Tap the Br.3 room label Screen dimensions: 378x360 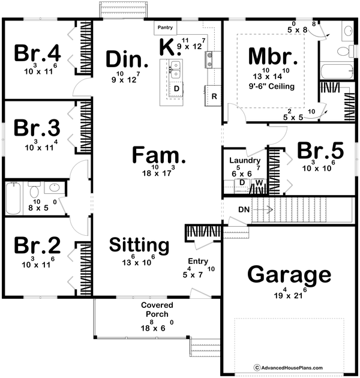pos(37,128)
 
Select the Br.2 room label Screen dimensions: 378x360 pos(37,245)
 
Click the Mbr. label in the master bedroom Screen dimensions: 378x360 pos(274,58)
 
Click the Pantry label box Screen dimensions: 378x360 pos(164,28)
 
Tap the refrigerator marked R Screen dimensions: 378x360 pos(214,95)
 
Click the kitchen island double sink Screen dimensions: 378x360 pos(175,69)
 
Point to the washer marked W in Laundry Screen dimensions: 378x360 pos(259,182)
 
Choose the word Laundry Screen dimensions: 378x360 pos(244,161)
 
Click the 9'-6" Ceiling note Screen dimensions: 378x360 pos(274,86)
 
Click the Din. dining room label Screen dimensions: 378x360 pos(127,59)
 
